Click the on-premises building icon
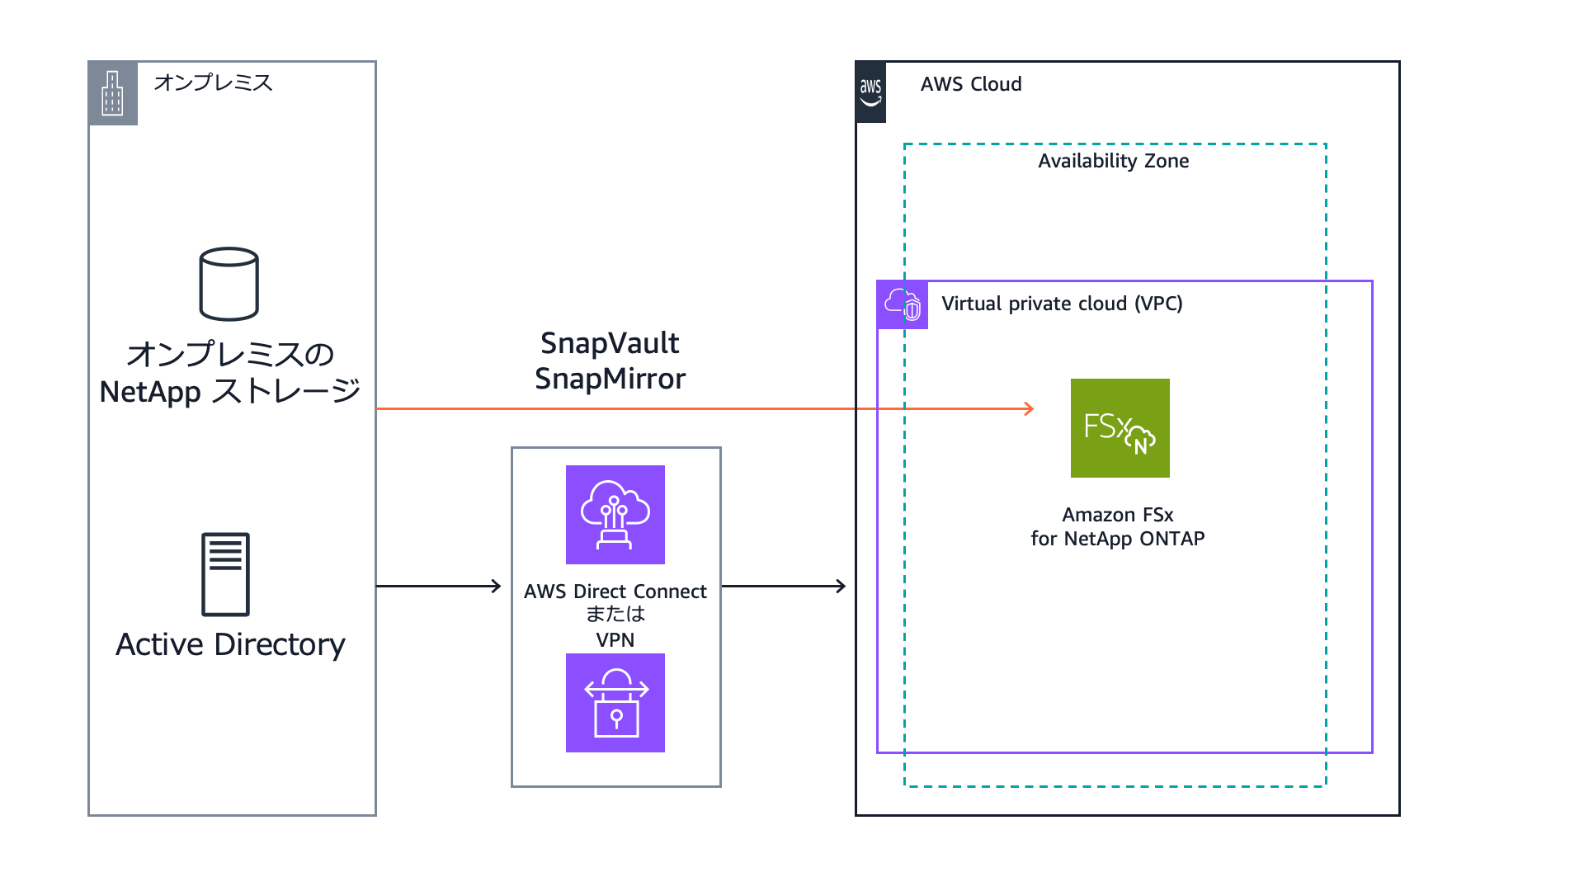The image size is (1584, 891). coord(112,93)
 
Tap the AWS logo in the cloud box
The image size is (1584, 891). coord(870,92)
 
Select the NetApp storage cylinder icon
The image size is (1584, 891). coord(229,284)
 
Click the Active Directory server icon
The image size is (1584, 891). coord(225,574)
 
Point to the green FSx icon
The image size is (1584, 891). coord(1120,428)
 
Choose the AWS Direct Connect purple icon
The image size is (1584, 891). coord(615,515)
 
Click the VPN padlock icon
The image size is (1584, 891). coord(615,703)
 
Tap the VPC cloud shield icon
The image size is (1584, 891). coord(903,304)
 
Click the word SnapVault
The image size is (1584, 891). coord(610,343)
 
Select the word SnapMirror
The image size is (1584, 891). coord(610,379)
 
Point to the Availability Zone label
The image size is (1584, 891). coord(1113,161)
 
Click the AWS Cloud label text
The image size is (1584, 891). coord(971,84)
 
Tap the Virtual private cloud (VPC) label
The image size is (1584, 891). coord(1062,304)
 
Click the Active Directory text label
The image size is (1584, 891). coord(230,644)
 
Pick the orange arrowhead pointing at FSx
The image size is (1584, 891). coord(1029,408)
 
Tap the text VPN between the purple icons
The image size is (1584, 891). coord(615,640)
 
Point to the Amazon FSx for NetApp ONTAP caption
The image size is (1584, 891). coord(1118,526)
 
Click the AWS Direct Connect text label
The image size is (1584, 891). coord(615,592)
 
